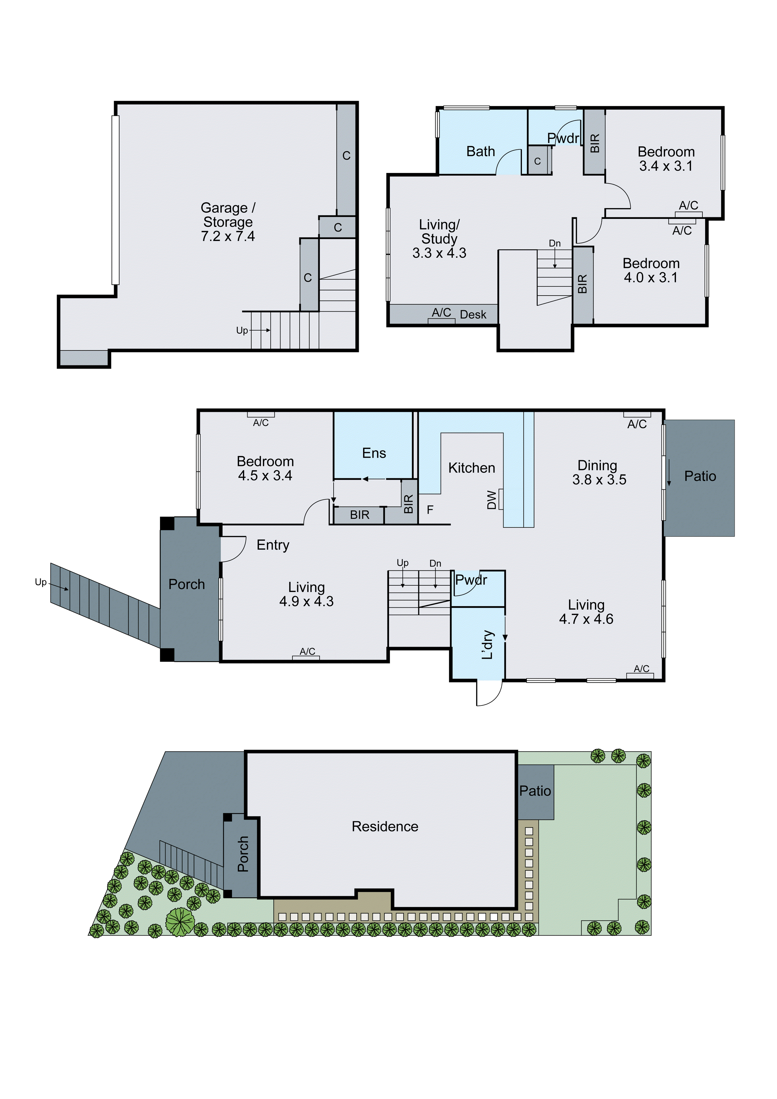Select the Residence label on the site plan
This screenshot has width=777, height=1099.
click(385, 826)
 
